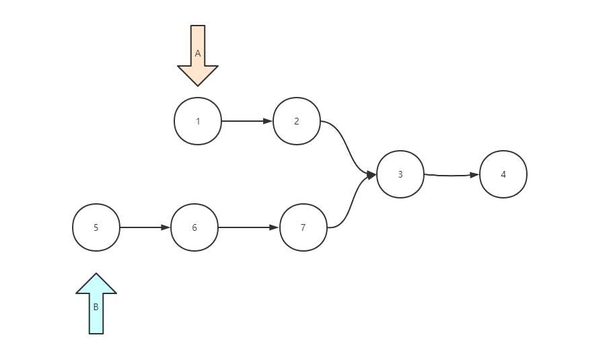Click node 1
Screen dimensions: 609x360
tap(198, 121)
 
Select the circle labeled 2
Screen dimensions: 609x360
tap(297, 121)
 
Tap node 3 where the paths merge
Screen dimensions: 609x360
tap(400, 174)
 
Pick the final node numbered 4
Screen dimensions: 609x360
tap(503, 174)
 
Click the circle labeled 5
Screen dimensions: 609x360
tap(96, 227)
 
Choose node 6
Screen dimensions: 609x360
tap(194, 227)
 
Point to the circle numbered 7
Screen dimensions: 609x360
tap(303, 227)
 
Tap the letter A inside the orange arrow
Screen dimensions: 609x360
tap(198, 53)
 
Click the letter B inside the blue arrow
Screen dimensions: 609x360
tap(96, 307)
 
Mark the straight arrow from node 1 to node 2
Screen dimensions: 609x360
tap(246, 121)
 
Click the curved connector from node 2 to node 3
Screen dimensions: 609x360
tap(348, 148)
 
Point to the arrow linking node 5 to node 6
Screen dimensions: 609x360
tap(144, 227)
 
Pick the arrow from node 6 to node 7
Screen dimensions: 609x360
tap(247, 227)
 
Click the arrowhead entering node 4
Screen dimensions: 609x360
tap(474, 175)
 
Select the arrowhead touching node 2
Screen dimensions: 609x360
tap(268, 121)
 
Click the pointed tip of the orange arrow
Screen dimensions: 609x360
tap(198, 84)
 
